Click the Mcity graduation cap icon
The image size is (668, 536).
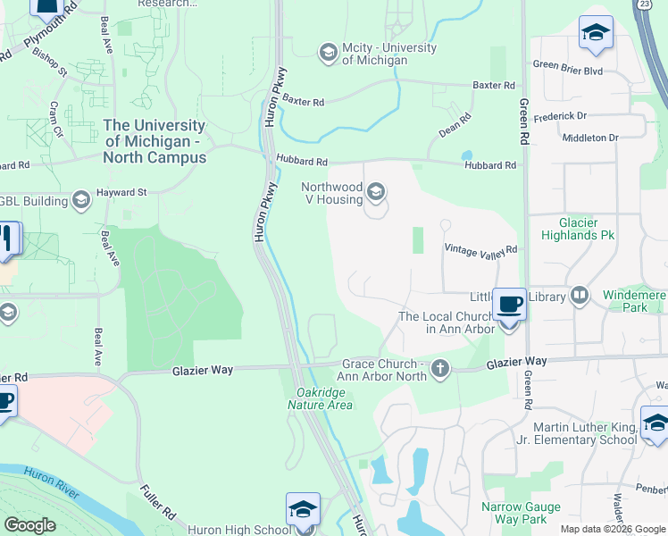coord(329,54)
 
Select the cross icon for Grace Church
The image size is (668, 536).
coord(439,369)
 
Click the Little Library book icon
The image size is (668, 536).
coord(580,296)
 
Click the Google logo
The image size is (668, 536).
coord(29,525)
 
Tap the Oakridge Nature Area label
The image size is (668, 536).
coord(320,398)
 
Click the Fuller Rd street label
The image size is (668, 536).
coord(157,503)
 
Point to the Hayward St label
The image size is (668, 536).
coord(122,192)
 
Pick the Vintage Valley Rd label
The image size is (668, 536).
coord(481,250)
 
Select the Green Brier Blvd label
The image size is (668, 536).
coord(568,64)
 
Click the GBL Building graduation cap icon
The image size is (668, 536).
coord(81,200)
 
